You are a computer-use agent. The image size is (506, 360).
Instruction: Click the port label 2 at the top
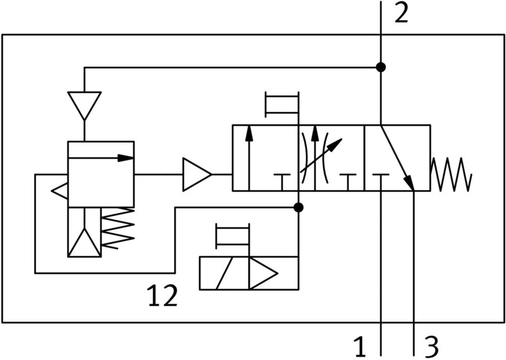pos(401,14)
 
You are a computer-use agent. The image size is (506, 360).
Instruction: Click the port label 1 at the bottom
pos(360,348)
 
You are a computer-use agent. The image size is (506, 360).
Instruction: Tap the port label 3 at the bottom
pos(431,348)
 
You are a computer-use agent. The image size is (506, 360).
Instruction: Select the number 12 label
pos(162,296)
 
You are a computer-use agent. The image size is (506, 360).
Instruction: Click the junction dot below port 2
pos(381,67)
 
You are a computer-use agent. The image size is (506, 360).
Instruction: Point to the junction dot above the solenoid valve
pos(299,207)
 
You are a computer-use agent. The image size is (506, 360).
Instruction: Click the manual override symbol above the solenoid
pos(233,236)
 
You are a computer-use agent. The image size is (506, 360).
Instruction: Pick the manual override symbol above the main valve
pos(282,105)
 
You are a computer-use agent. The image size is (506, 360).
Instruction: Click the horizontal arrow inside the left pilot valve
pos(101,158)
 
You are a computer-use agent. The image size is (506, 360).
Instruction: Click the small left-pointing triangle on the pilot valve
pos(60,191)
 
